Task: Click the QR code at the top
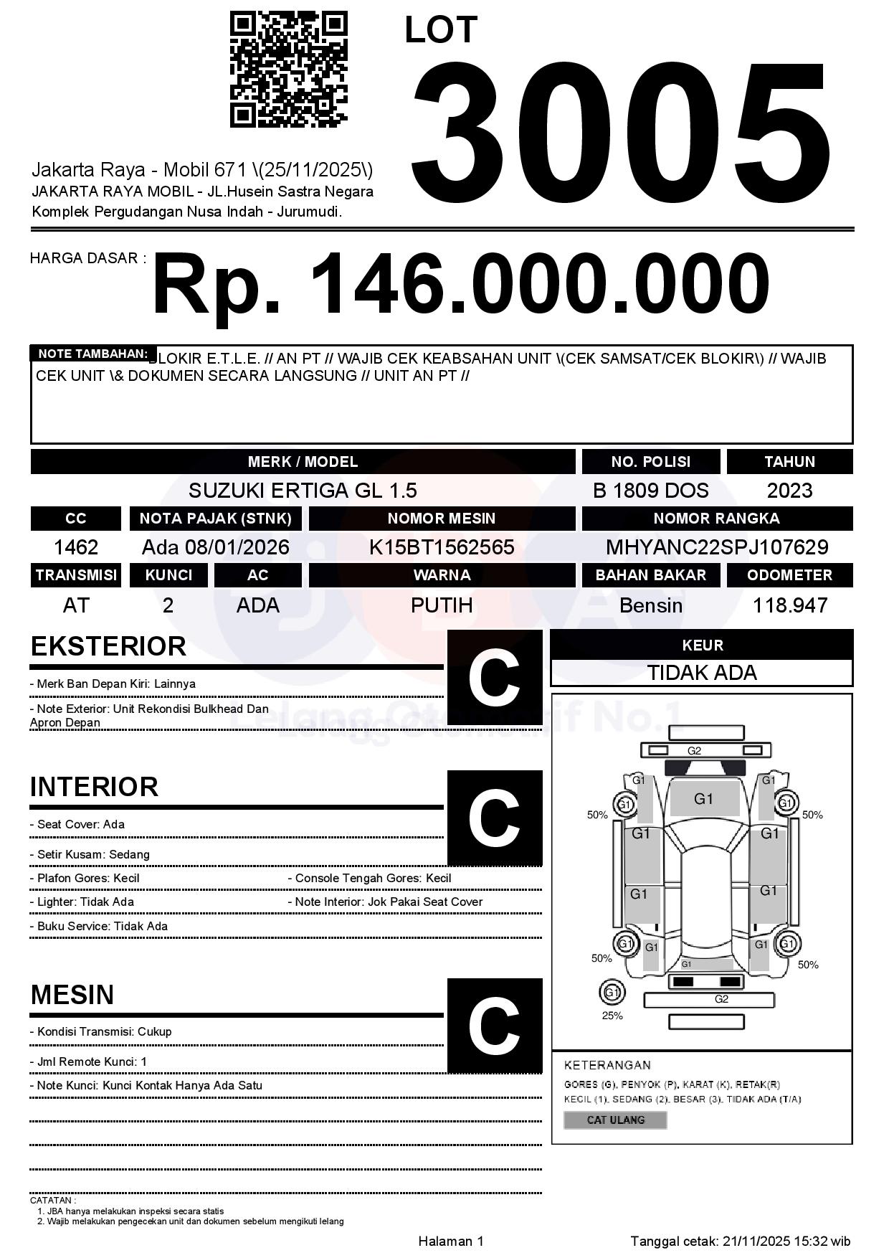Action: coord(288,69)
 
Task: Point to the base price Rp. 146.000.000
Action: coord(460,285)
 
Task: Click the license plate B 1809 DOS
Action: coord(650,491)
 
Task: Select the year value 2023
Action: coord(789,491)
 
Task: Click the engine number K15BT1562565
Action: coord(442,548)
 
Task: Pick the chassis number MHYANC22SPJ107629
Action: coord(717,548)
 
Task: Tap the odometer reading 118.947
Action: coord(789,605)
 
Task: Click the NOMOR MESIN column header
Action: coord(442,519)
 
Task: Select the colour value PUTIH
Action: coord(442,605)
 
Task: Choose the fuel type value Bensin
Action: coord(650,605)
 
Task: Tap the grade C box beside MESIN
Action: coord(495,1026)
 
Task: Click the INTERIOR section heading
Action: coord(94,787)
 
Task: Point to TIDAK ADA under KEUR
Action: coord(702,673)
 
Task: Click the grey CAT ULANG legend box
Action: coord(615,1120)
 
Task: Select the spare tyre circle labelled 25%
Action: coord(612,993)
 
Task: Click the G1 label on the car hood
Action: coord(703,799)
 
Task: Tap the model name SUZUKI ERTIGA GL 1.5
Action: coord(303,491)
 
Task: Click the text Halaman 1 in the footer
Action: coord(451,1242)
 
